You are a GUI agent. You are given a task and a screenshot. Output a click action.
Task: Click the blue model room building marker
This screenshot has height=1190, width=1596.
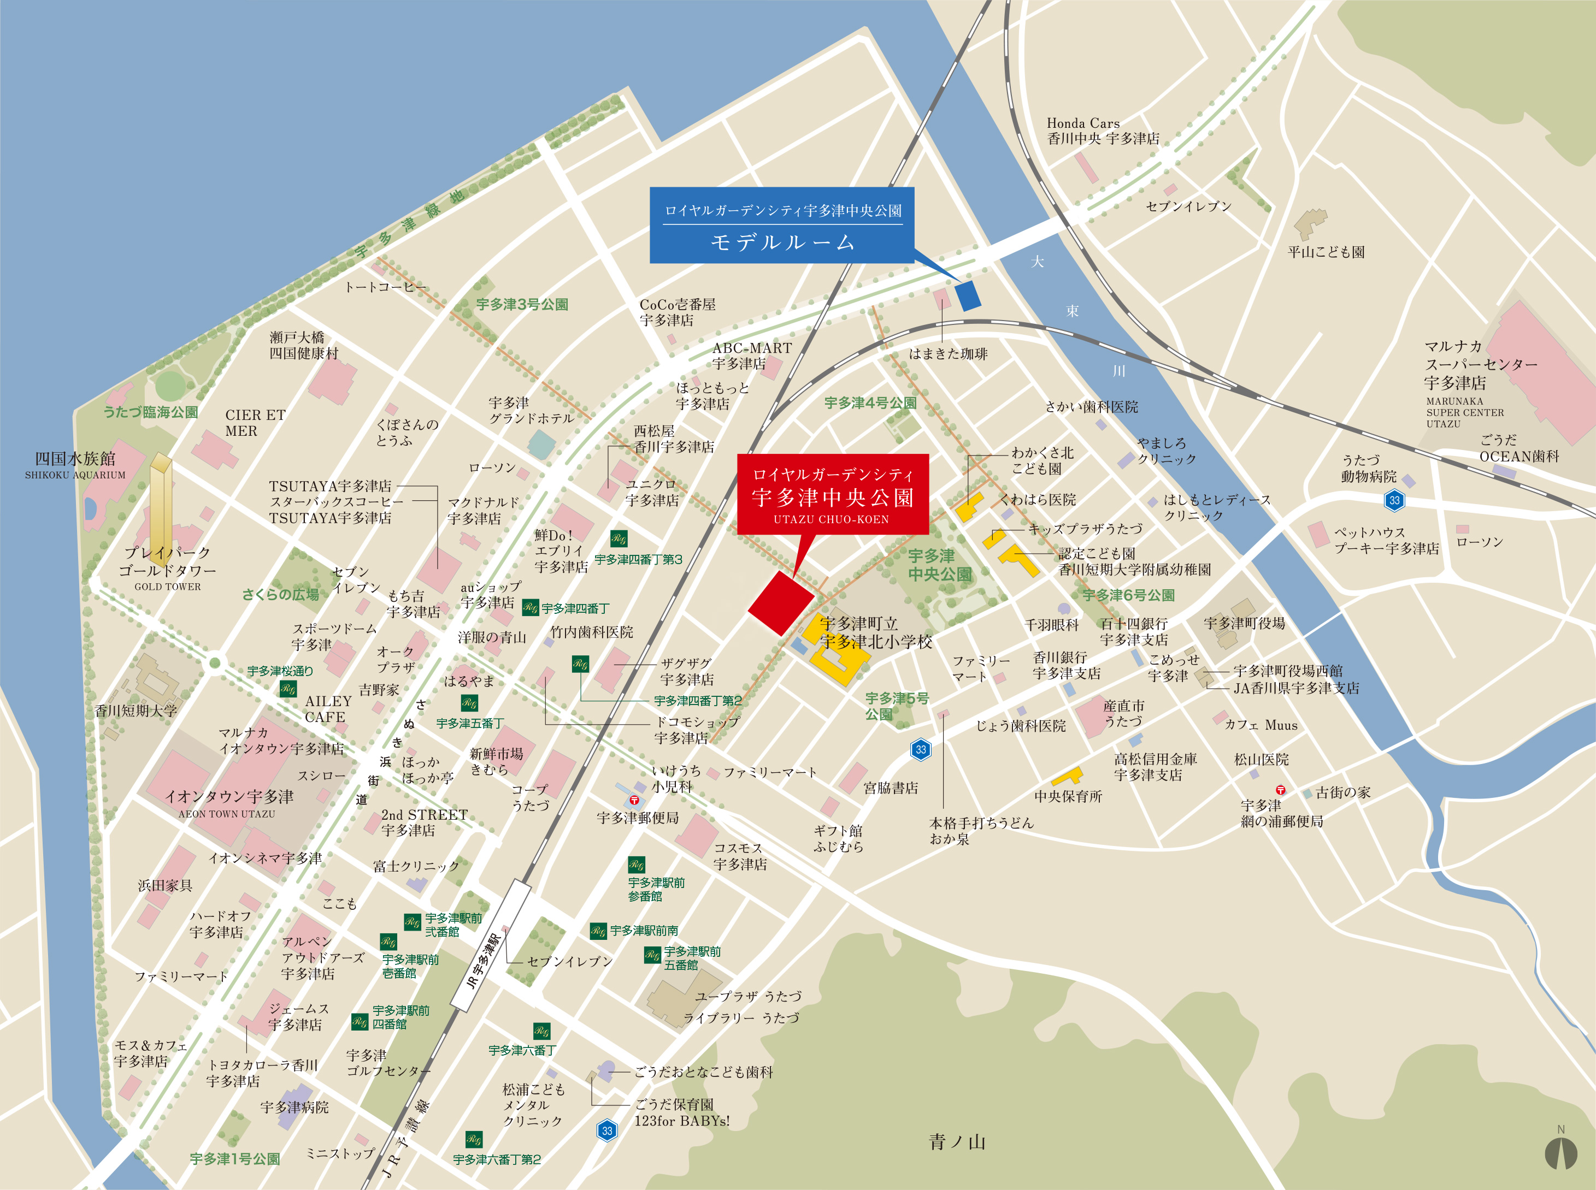[968, 295]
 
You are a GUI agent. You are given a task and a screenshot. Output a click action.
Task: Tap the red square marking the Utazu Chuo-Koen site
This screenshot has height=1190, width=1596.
[781, 603]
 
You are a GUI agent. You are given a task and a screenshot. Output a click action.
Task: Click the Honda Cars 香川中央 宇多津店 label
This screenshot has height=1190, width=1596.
[1103, 131]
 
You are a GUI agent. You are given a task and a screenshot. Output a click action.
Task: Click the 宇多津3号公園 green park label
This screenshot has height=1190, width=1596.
[522, 305]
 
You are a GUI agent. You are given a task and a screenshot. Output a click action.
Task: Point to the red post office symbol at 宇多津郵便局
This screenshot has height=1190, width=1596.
[634, 800]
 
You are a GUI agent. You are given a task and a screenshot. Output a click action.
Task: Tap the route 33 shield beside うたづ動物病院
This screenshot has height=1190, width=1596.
[1394, 500]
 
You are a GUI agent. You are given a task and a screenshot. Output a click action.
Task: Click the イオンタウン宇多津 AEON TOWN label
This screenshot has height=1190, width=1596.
[228, 801]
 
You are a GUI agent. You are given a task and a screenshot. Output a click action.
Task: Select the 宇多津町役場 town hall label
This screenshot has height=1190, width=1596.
[1244, 623]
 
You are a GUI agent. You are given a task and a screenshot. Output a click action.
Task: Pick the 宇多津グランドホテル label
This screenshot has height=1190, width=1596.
[531, 411]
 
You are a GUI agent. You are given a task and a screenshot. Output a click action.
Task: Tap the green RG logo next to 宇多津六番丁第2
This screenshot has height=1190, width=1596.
[473, 1139]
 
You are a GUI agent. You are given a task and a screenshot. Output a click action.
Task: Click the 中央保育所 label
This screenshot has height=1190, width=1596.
[1068, 797]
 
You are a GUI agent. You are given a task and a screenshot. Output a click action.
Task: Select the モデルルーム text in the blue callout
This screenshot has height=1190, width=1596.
[782, 242]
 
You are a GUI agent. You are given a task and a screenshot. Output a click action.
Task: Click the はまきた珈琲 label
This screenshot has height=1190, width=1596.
[947, 354]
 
